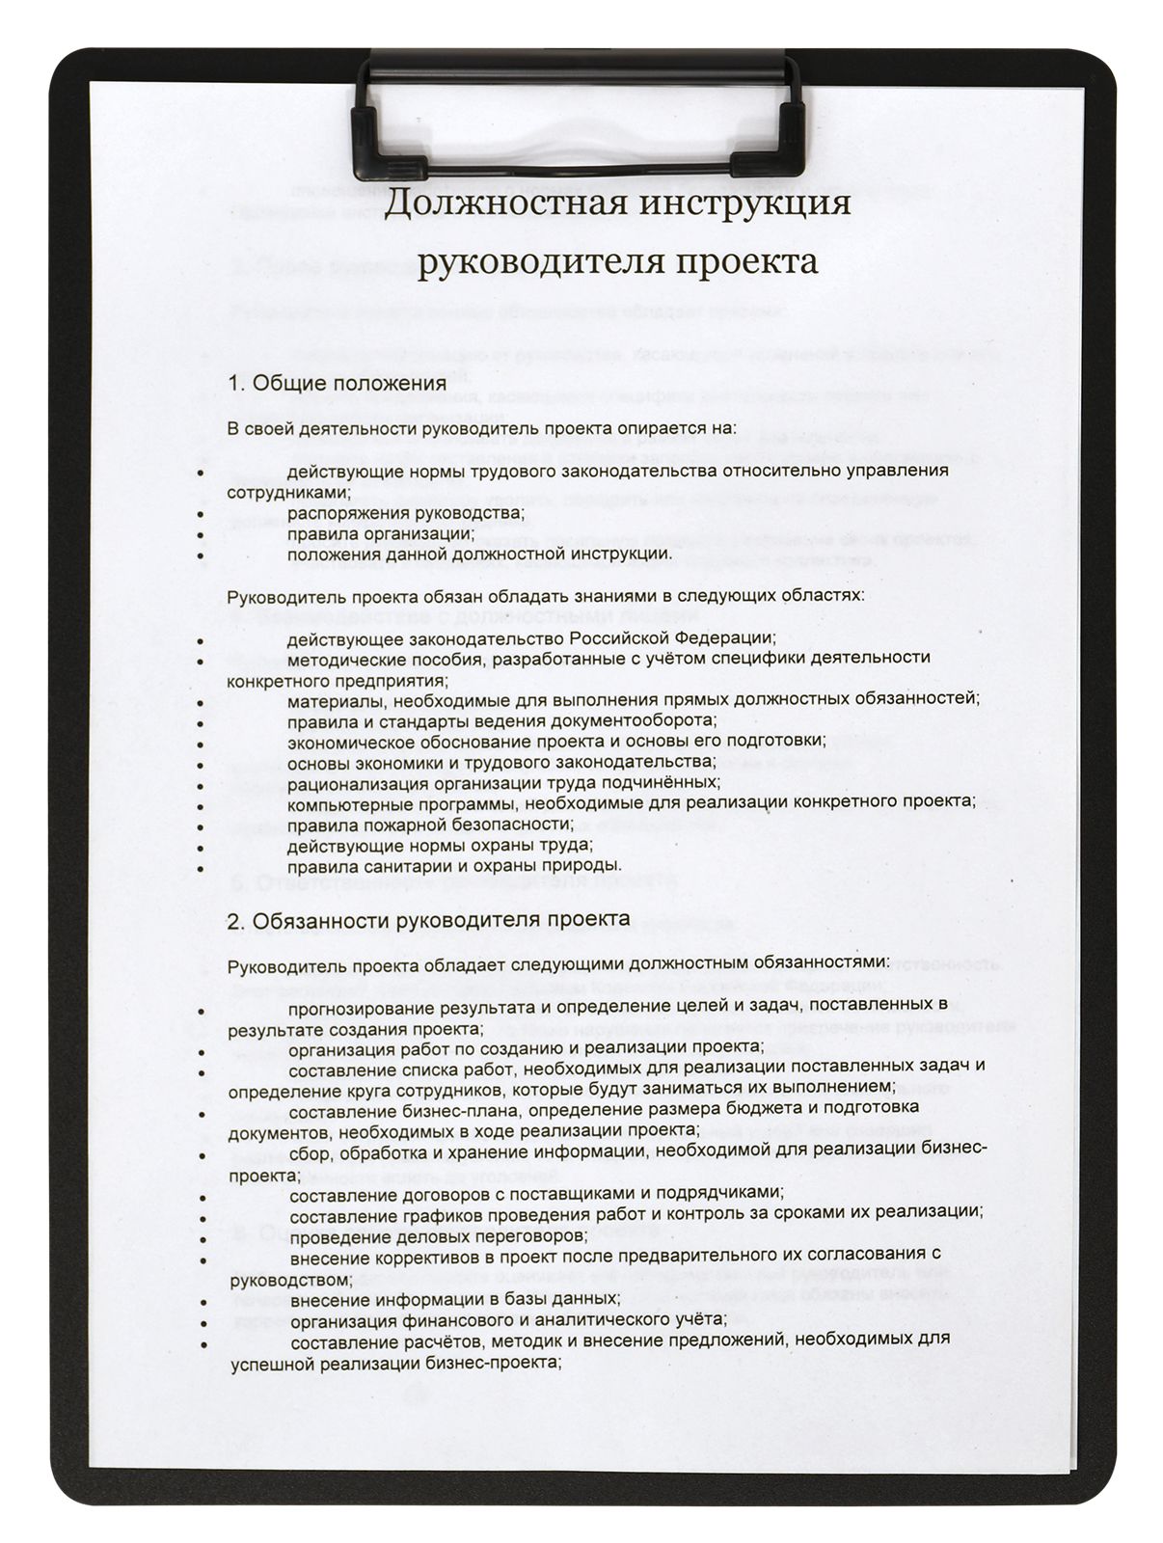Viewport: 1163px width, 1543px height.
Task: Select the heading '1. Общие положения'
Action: pos(337,383)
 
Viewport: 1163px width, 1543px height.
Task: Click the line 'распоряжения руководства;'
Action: pos(405,512)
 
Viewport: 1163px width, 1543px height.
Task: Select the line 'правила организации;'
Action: pos(380,533)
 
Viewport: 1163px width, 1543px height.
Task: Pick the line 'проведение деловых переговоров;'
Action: pos(438,1235)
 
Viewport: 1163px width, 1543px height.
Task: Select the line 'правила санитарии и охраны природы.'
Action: pos(454,865)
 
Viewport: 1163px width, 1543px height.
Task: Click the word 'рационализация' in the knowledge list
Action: pos(351,782)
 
